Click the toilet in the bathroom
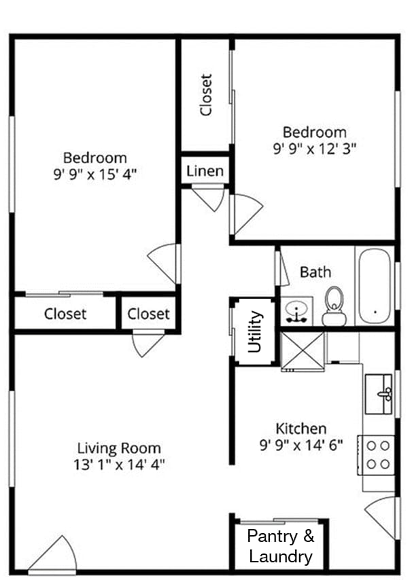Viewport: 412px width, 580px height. (333, 306)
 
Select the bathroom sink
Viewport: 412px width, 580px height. (296, 312)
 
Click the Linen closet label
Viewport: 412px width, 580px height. (205, 170)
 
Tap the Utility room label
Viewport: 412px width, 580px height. (255, 331)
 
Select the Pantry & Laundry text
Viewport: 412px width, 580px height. (281, 547)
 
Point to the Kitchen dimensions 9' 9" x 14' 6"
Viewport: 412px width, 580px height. (301, 446)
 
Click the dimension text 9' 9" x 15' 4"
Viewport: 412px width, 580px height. (95, 174)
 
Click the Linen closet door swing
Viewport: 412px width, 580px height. (208, 198)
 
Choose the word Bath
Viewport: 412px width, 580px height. (315, 272)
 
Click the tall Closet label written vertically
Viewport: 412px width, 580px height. (206, 95)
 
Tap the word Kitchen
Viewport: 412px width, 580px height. (301, 429)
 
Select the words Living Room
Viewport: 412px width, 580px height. (119, 448)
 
